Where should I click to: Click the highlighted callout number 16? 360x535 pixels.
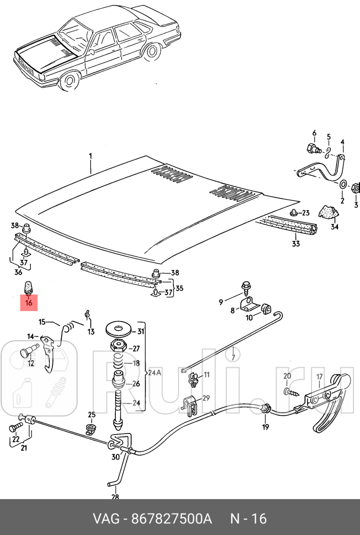[x=29, y=302]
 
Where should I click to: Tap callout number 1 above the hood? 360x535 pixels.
[x=90, y=157]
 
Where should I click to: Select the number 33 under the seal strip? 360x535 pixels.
[x=295, y=243]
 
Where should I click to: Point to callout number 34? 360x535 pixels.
[x=334, y=226]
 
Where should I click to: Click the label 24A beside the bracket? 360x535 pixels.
[x=154, y=372]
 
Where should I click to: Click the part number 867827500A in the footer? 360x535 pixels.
[x=170, y=519]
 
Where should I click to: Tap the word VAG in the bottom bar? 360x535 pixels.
[x=105, y=519]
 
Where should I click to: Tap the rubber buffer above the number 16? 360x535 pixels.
[x=28, y=288]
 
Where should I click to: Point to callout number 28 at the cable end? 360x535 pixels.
[x=115, y=497]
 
